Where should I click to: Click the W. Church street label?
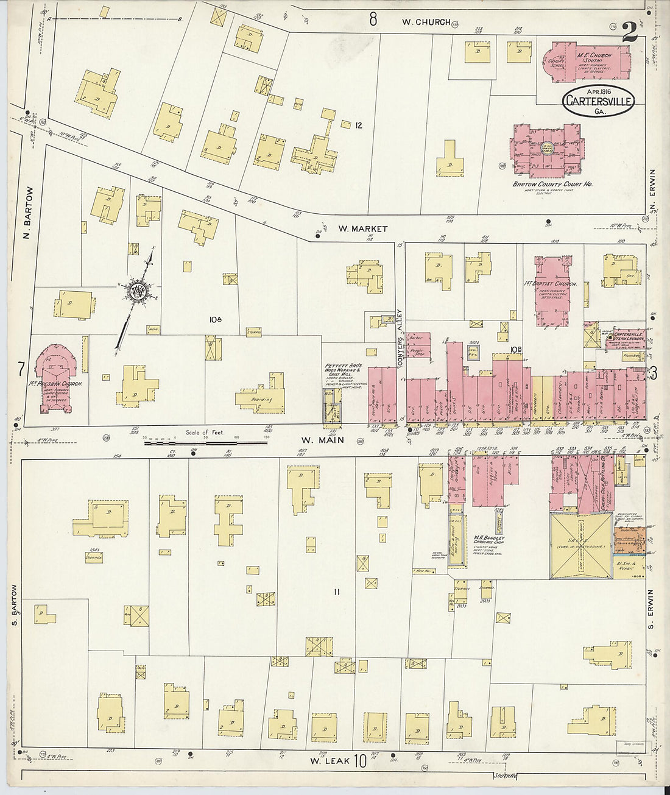click(x=426, y=21)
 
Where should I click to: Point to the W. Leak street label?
click(x=324, y=760)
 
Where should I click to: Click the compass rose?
click(x=135, y=292)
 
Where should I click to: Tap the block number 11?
click(x=336, y=592)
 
